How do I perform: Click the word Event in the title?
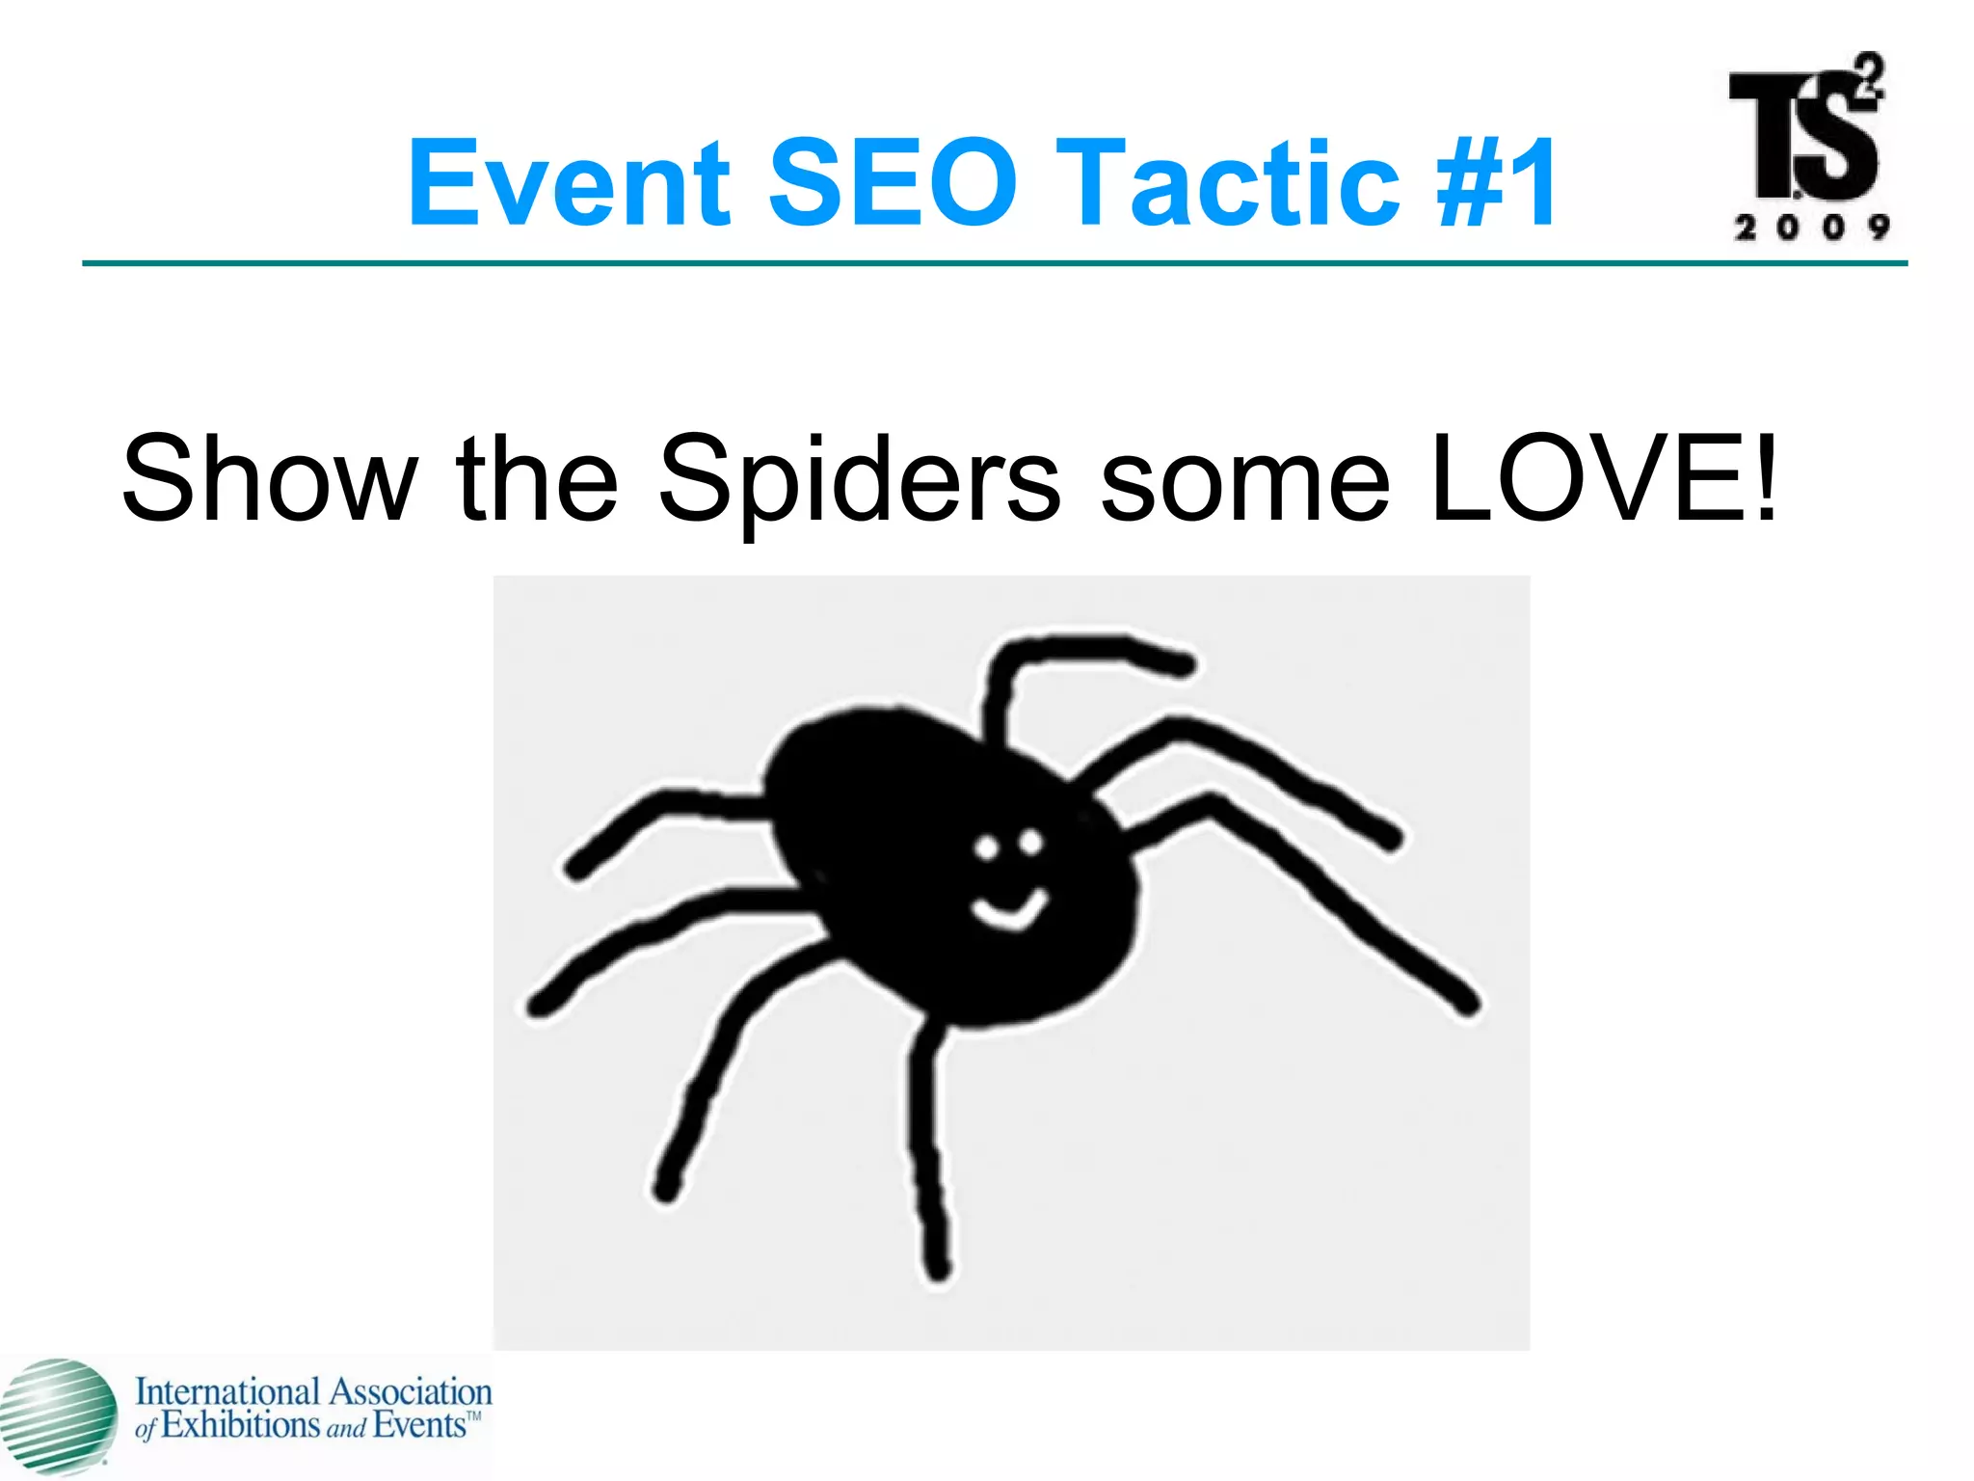click(x=569, y=183)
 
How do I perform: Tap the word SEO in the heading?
click(x=893, y=183)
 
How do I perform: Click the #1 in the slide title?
click(x=1496, y=183)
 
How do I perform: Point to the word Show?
click(x=270, y=479)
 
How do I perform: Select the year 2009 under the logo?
click(x=1811, y=228)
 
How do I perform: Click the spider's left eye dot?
click(x=986, y=848)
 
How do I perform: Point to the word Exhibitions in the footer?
click(x=240, y=1426)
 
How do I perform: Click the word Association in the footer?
click(x=411, y=1392)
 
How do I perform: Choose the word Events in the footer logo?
click(x=419, y=1426)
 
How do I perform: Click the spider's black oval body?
click(x=925, y=848)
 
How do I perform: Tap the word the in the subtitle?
click(x=537, y=479)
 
